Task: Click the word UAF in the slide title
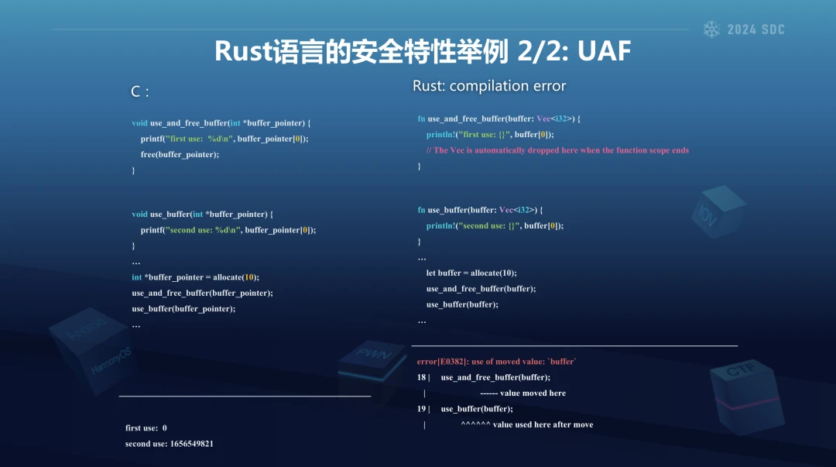pyautogui.click(x=604, y=51)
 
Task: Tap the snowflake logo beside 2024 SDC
pyautogui.click(x=711, y=29)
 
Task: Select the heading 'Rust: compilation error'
pyautogui.click(x=489, y=86)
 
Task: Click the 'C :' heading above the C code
pyautogui.click(x=139, y=91)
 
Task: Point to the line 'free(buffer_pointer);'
pyautogui.click(x=180, y=154)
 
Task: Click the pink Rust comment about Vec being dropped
pyautogui.click(x=557, y=150)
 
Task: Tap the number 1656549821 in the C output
pyautogui.click(x=191, y=444)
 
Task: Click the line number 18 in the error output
pyautogui.click(x=421, y=377)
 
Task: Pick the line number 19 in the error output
pyautogui.click(x=421, y=409)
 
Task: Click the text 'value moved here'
pyautogui.click(x=533, y=393)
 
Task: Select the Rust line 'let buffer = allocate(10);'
pyautogui.click(x=471, y=273)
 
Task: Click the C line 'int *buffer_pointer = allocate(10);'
pyautogui.click(x=195, y=277)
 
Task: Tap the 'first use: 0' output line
pyautogui.click(x=146, y=428)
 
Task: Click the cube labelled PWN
pyautogui.click(x=372, y=366)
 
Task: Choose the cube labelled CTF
pyautogui.click(x=746, y=396)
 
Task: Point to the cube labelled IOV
pyautogui.click(x=718, y=211)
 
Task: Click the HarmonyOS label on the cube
pyautogui.click(x=111, y=362)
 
